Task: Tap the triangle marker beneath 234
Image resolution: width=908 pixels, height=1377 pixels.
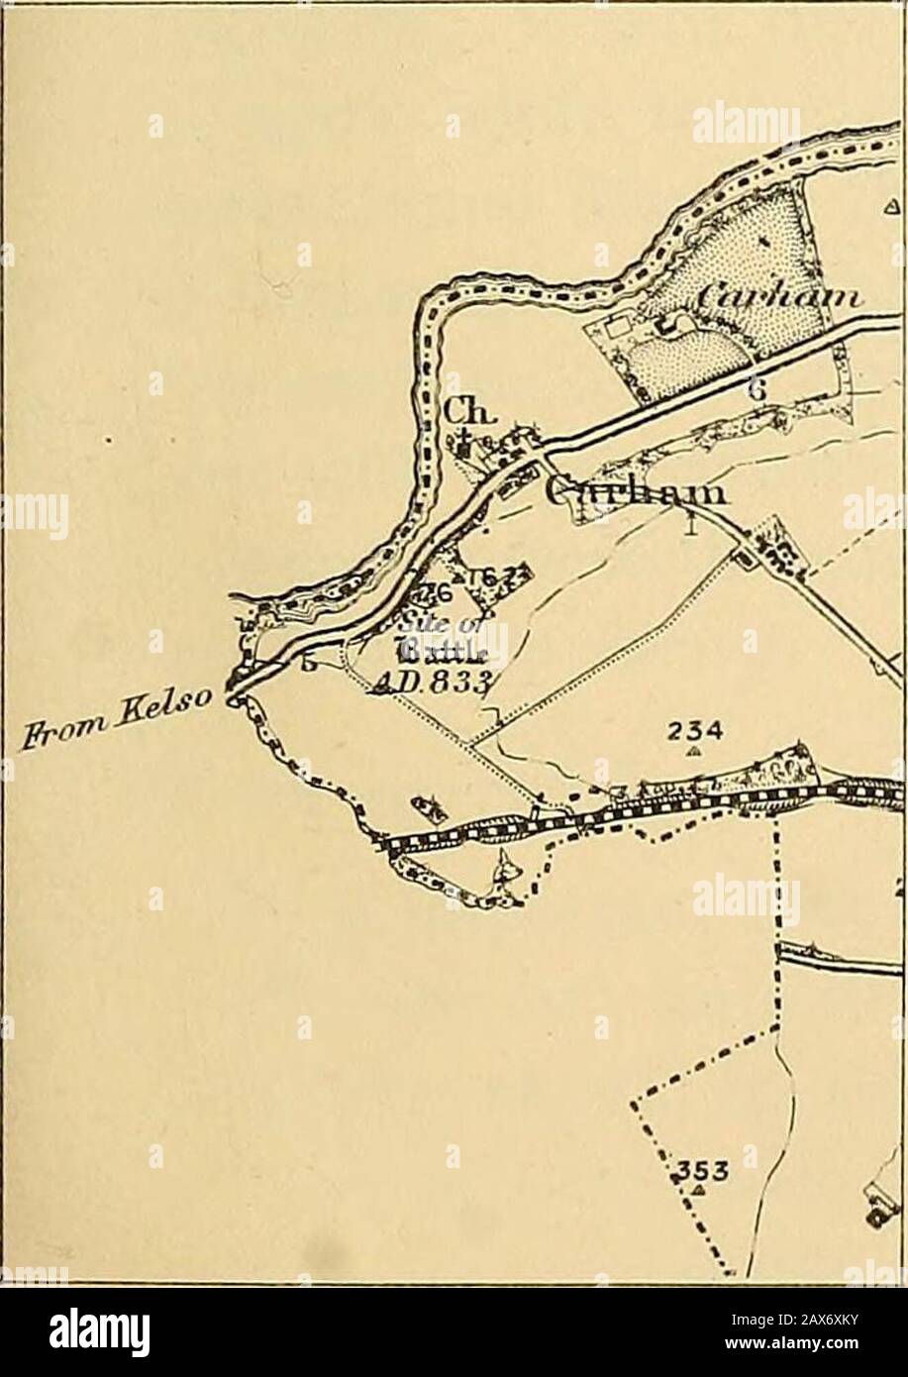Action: [694, 752]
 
